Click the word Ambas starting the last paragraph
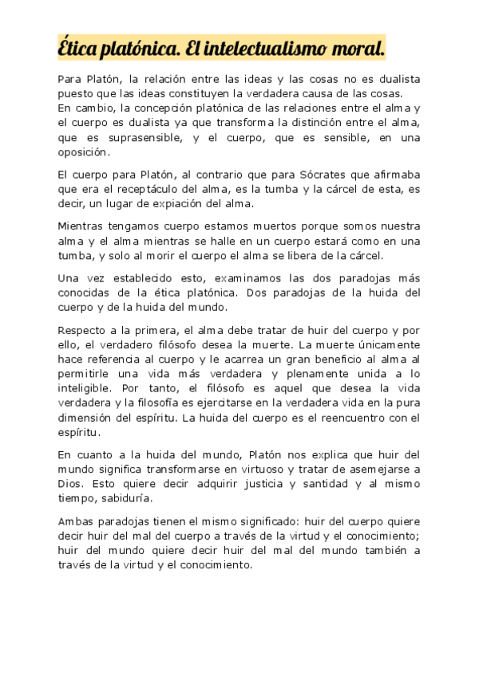(x=75, y=521)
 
